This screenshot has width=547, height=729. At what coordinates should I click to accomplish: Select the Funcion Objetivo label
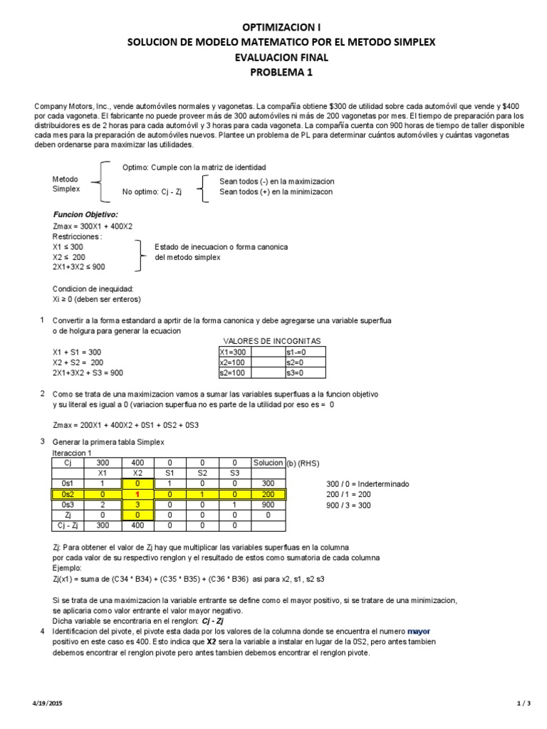click(86, 214)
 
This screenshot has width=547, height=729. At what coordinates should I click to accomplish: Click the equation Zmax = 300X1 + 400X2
click(93, 226)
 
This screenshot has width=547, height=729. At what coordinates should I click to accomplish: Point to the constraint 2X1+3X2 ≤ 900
click(79, 267)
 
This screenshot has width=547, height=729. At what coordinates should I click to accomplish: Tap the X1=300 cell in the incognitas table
click(234, 352)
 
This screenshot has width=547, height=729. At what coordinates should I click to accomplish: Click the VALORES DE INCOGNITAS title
click(272, 341)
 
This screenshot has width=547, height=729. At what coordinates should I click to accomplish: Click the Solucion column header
click(268, 463)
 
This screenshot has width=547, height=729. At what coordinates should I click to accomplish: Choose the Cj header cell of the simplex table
click(69, 463)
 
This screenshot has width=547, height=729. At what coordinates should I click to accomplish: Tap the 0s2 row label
click(69, 495)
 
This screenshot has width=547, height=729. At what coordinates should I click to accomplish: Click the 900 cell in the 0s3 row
click(268, 505)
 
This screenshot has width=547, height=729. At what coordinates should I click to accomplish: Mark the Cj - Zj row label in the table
click(69, 525)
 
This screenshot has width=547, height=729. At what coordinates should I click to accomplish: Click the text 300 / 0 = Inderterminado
click(368, 483)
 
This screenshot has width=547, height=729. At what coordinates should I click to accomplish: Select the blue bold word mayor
click(419, 631)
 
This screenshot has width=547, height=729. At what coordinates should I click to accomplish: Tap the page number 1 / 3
click(523, 704)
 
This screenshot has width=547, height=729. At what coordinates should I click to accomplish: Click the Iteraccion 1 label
click(73, 453)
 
